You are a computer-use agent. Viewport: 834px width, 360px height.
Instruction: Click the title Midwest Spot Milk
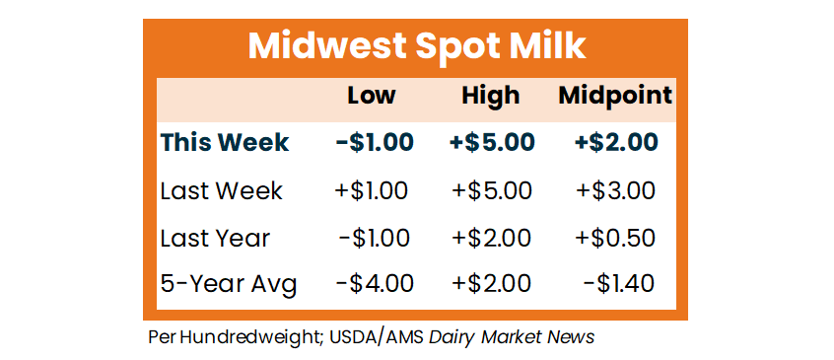point(416,46)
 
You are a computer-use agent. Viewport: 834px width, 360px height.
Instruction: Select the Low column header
point(372,96)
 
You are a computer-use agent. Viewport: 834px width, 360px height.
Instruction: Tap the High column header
point(490,96)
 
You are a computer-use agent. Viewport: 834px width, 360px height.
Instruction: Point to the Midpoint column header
point(615,96)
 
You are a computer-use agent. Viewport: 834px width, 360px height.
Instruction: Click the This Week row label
point(225,142)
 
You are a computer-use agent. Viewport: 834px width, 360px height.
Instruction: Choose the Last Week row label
point(221,191)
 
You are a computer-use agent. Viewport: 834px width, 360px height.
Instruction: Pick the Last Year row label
point(216,238)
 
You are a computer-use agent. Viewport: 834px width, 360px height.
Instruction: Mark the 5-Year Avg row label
point(228,285)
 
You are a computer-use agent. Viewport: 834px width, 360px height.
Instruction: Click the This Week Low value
point(375,142)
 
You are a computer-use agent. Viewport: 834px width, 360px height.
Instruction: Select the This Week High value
point(492,142)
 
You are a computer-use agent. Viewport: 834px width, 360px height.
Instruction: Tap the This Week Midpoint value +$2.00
point(615,142)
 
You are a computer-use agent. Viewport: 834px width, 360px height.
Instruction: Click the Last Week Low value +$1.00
point(372,191)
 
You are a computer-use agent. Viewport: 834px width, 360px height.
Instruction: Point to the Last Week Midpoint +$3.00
point(615,191)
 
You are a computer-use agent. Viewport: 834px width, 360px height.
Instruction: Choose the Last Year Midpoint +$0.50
point(615,238)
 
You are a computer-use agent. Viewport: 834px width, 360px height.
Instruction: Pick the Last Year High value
point(492,238)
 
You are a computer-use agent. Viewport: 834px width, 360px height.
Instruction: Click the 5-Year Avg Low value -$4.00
point(375,284)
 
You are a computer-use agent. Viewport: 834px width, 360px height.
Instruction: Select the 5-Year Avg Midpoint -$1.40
point(618,284)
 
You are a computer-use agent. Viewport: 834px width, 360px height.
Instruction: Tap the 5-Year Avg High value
point(492,284)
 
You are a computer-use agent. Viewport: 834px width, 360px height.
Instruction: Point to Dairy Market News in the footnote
point(512,337)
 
